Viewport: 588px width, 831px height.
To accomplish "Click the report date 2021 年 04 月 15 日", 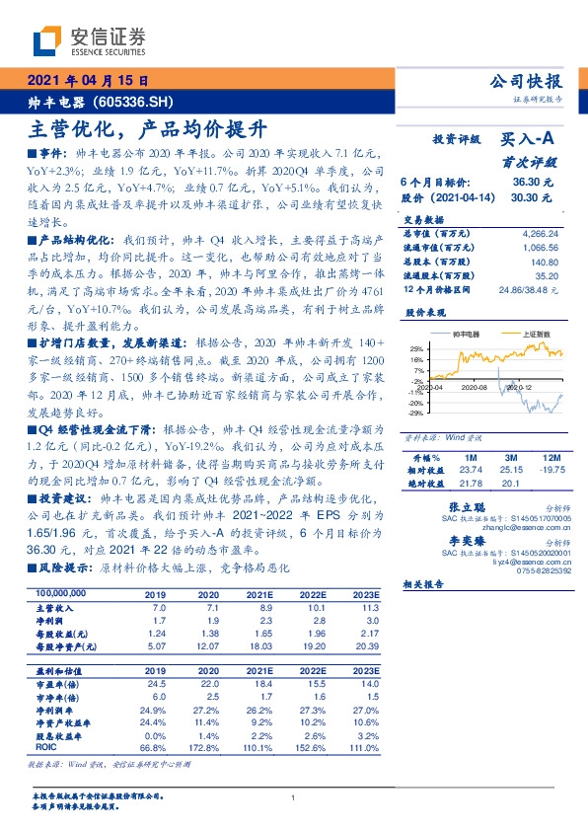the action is pos(88,81).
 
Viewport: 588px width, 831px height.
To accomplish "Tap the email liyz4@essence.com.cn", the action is pos(517,562).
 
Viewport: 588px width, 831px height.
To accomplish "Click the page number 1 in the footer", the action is pos(295,797).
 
